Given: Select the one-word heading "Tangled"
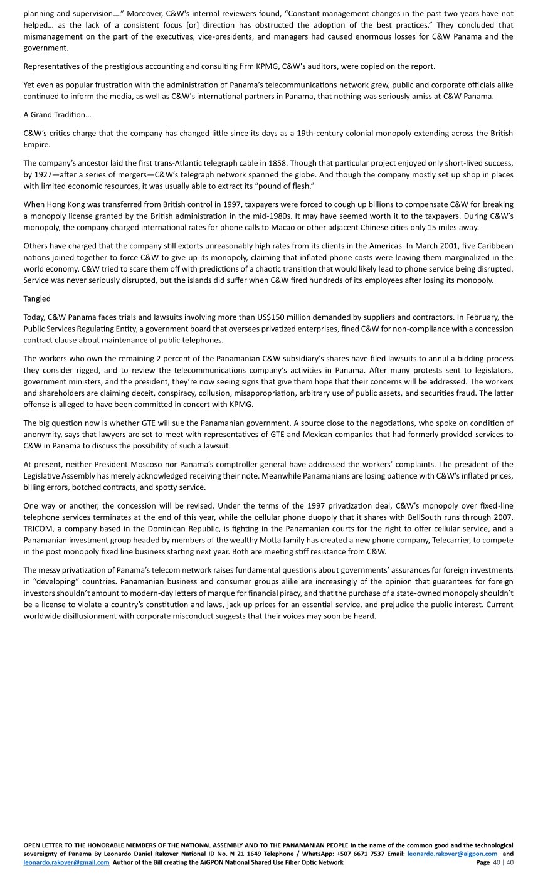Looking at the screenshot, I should click(x=37, y=299).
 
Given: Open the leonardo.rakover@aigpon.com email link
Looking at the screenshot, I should click(x=452, y=854).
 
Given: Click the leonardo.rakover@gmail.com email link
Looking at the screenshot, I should click(x=66, y=862).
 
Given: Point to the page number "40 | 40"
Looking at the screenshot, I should click(x=504, y=862).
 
